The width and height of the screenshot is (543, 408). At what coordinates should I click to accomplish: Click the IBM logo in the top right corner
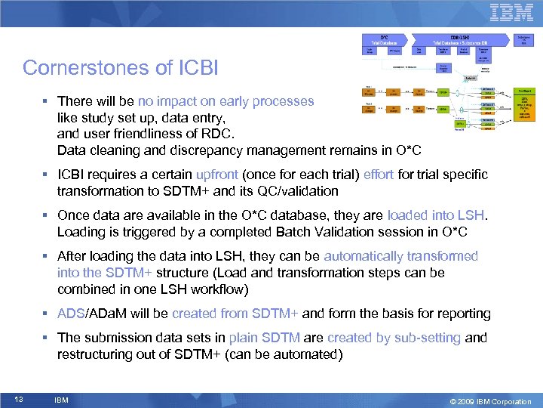511,14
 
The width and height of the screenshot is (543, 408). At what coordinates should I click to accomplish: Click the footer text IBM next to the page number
62,400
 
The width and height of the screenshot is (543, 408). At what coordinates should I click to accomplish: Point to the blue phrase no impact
165,101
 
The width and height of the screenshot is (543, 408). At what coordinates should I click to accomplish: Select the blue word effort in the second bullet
379,175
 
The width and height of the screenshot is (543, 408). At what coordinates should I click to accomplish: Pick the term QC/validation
290,191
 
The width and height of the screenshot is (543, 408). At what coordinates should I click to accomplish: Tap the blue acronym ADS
69,314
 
